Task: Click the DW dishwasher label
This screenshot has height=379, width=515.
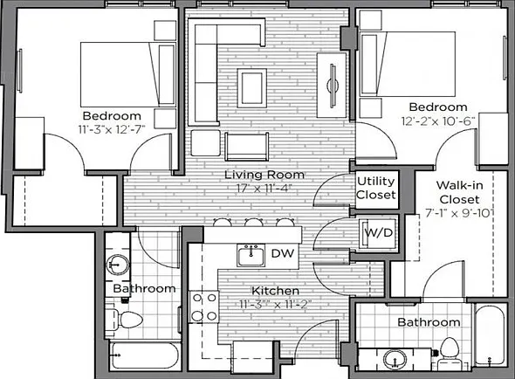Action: click(x=283, y=253)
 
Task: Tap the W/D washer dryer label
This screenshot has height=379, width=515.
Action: click(x=379, y=232)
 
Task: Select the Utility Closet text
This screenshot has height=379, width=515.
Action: click(x=376, y=188)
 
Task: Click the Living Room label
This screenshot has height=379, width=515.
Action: click(x=264, y=175)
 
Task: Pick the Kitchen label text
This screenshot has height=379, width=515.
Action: click(x=275, y=291)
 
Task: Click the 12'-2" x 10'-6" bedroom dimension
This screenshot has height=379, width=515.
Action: click(x=438, y=121)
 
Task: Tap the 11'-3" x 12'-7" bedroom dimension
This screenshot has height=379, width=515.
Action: click(x=112, y=129)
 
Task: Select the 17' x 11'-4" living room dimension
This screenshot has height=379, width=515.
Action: click(x=264, y=189)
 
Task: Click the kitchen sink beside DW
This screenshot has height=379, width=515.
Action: click(x=251, y=255)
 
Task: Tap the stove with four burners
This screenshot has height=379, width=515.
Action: click(x=204, y=307)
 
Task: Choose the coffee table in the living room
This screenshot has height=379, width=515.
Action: click(x=252, y=88)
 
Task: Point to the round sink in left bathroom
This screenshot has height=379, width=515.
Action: click(x=117, y=265)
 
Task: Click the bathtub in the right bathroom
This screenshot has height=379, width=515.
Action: click(x=490, y=334)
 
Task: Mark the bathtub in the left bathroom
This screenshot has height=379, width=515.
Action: click(x=145, y=356)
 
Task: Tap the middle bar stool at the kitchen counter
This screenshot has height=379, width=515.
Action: click(x=253, y=223)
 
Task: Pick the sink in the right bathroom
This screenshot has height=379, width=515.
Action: click(x=395, y=359)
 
